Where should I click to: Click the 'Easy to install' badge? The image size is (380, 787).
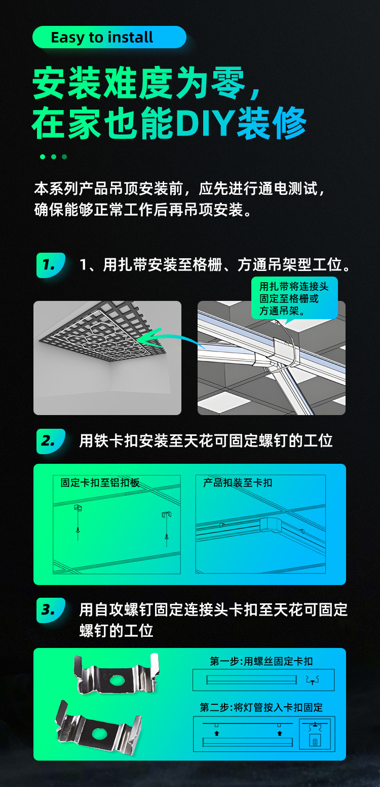click(109, 37)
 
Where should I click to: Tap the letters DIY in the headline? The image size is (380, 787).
click(205, 123)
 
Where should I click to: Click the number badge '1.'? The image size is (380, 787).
click(51, 265)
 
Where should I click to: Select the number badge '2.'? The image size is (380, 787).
click(51, 441)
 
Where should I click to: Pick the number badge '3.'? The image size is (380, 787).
click(51, 610)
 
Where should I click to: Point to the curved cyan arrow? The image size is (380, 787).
click(170, 338)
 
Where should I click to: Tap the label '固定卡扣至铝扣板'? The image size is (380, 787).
click(100, 483)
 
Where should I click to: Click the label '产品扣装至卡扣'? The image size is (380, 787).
click(238, 483)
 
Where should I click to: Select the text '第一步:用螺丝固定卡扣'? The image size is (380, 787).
click(261, 661)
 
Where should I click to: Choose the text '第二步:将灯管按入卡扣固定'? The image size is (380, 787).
click(261, 707)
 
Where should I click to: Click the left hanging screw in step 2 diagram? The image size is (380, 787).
click(78, 523)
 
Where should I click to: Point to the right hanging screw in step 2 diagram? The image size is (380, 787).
click(167, 529)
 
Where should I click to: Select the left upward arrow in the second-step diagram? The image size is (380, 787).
click(216, 733)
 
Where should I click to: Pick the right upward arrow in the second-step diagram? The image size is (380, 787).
click(280, 733)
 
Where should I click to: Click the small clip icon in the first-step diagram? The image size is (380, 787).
click(312, 680)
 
